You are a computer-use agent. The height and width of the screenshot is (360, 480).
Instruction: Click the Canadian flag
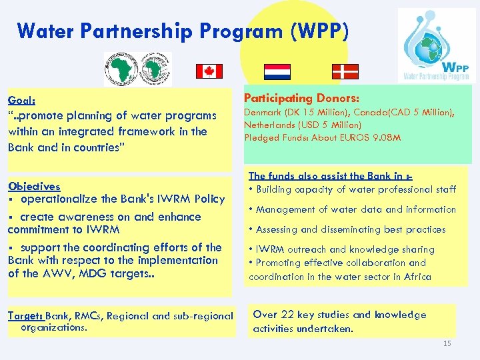[209, 71]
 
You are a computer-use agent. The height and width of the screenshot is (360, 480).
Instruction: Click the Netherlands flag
[277, 71]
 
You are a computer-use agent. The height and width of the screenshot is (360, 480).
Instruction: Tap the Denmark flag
[345, 71]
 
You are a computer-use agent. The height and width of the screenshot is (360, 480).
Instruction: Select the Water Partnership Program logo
[437, 45]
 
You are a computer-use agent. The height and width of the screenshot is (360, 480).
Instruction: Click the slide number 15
[447, 343]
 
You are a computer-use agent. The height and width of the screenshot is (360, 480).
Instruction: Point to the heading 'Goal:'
[21, 101]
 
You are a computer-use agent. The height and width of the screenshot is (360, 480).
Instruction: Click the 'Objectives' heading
[33, 187]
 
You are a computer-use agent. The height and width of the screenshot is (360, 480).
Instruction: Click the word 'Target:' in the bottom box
[25, 316]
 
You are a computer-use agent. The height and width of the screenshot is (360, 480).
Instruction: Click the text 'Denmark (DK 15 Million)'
[296, 113]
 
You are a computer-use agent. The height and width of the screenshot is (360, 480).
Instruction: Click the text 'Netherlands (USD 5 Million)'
[303, 125]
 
